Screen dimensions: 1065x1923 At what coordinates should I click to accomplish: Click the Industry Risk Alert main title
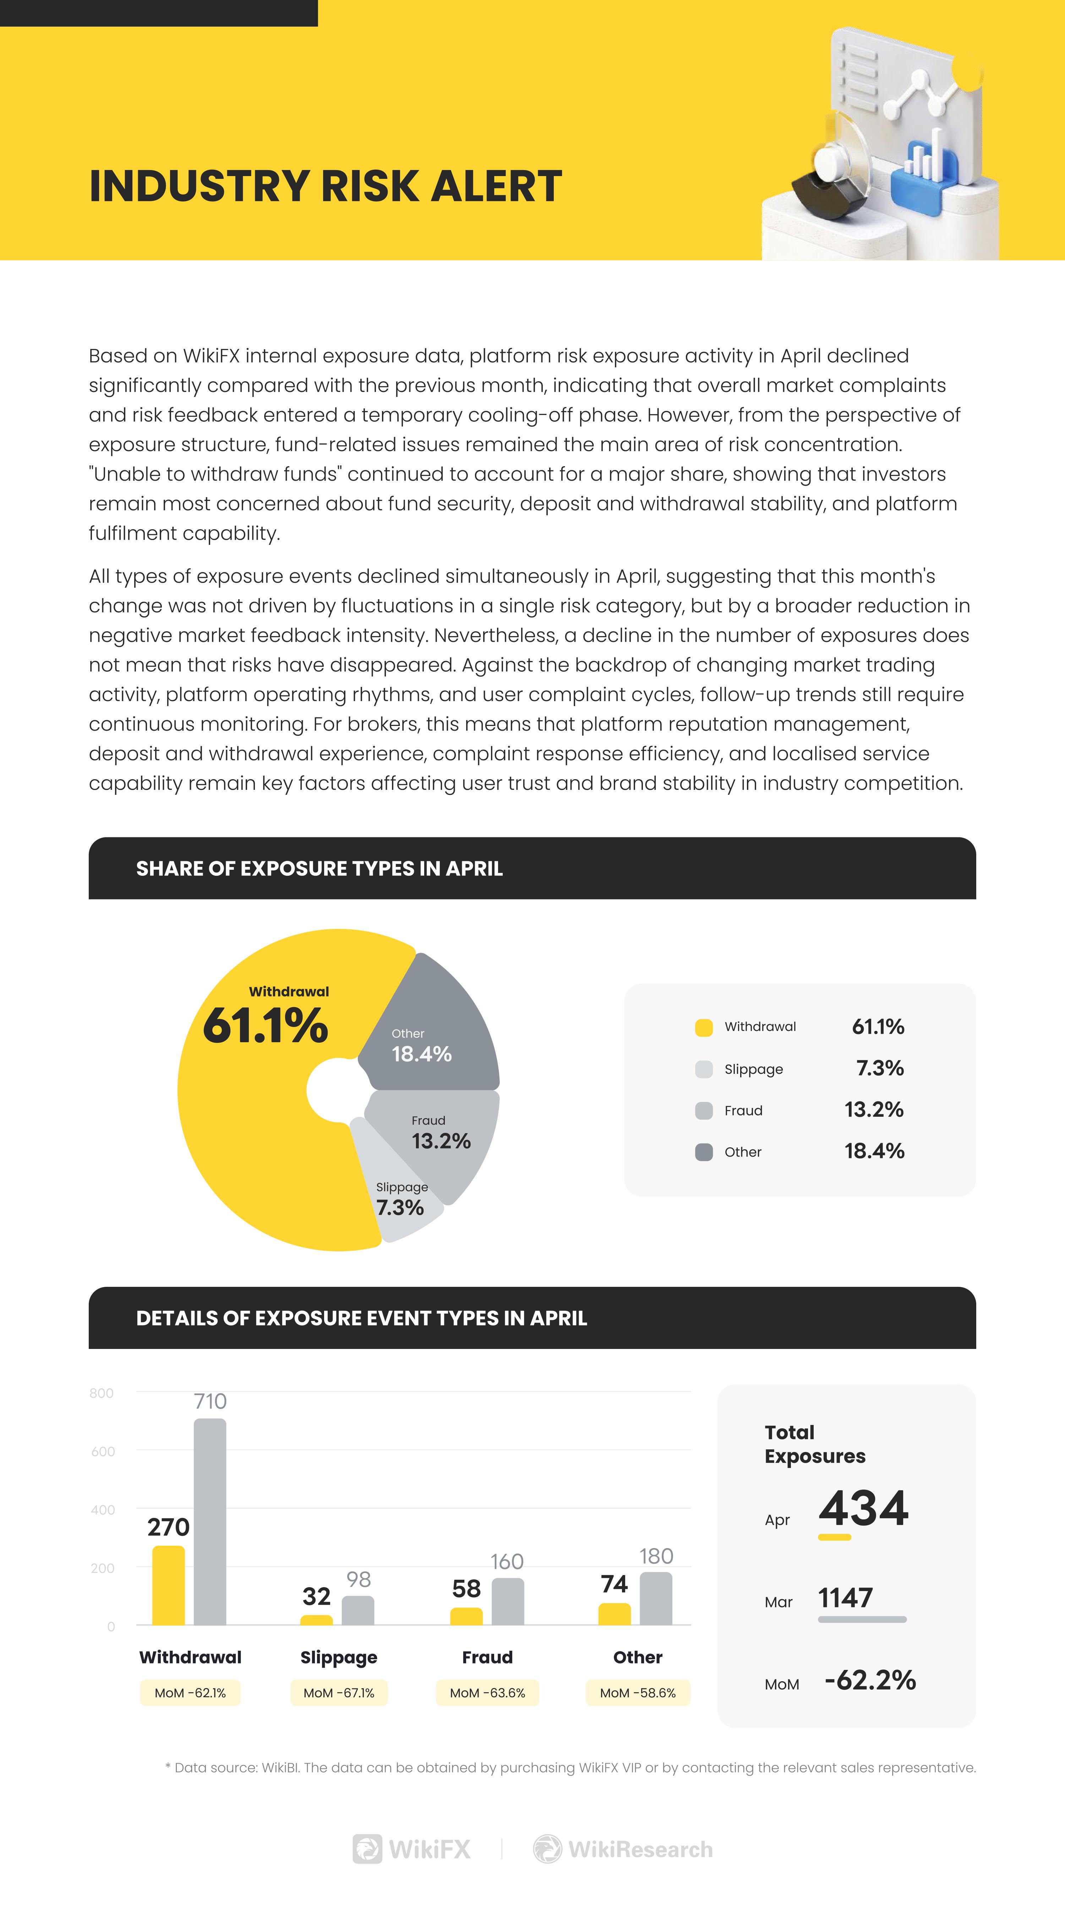(326, 186)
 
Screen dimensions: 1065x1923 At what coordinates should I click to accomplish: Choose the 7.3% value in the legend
(880, 1068)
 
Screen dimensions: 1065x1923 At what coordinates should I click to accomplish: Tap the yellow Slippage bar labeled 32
(316, 1620)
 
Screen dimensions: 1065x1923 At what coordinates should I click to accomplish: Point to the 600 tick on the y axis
(103, 1451)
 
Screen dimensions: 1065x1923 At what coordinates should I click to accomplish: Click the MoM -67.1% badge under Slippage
(339, 1693)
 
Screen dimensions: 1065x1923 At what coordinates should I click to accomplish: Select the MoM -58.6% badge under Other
(638, 1693)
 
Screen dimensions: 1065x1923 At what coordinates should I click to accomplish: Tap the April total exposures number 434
(863, 1508)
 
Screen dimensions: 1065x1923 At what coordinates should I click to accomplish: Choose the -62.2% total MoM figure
(870, 1679)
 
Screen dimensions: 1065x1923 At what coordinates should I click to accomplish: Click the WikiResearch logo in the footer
(623, 1849)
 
